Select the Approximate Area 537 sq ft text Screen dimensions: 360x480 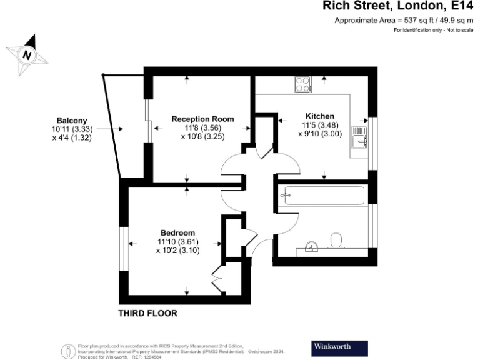coord(403,21)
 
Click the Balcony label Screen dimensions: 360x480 coord(72,121)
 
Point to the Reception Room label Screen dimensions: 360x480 coord(202,119)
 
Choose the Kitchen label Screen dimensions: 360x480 coord(319,116)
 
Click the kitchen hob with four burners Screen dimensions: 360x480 coord(303,84)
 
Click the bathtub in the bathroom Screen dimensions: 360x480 coord(323,196)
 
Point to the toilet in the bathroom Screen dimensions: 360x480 coord(336,241)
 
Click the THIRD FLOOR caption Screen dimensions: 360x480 coord(148,313)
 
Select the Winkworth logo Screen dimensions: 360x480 coord(339,347)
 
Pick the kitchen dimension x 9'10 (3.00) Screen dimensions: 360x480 coord(319,134)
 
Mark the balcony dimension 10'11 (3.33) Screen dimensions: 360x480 coord(72,129)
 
